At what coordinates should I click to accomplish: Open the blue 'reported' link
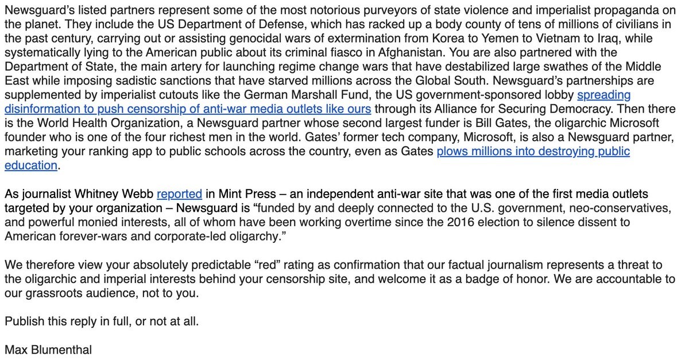(x=179, y=195)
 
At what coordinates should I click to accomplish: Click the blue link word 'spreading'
(x=604, y=95)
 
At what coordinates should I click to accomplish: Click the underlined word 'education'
(x=31, y=165)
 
